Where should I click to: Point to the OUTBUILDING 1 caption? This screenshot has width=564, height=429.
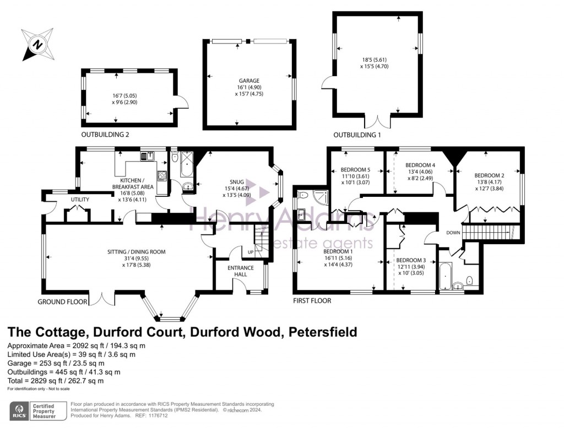357,135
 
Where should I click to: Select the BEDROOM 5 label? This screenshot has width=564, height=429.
356,169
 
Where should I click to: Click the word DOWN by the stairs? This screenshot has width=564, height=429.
453,233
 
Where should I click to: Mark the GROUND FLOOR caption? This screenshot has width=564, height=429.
62,302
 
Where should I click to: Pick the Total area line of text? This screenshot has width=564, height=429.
55,380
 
